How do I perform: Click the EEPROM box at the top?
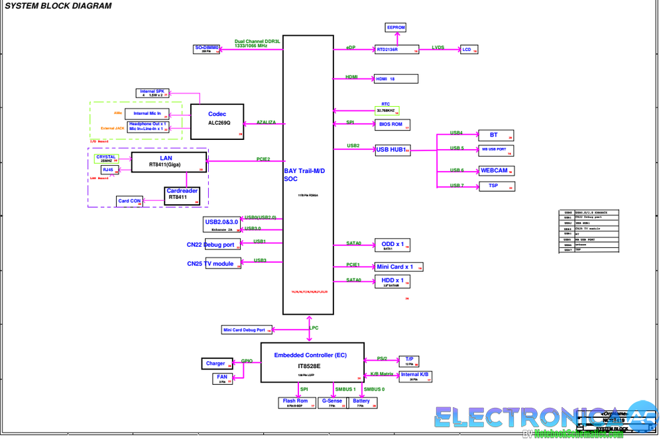tap(396, 27)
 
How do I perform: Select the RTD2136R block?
tap(396, 49)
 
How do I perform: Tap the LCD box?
tap(469, 50)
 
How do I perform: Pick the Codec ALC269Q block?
tap(217, 121)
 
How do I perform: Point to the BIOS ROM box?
tap(392, 124)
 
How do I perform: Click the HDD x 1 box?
tap(392, 282)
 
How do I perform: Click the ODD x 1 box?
tap(392, 245)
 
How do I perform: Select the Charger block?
tap(217, 363)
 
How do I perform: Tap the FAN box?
tap(222, 378)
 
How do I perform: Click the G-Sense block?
tap(333, 402)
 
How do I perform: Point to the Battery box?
tap(361, 402)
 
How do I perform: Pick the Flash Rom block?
tap(295, 402)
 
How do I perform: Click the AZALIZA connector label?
tap(266, 123)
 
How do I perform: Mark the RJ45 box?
tap(109, 170)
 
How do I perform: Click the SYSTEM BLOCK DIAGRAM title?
tap(58, 6)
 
